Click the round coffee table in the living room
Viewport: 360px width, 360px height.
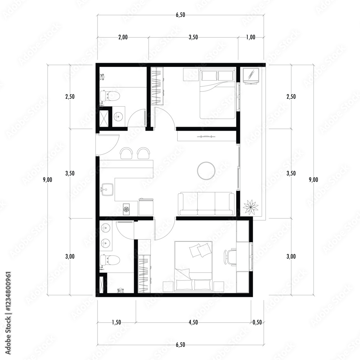click(x=206, y=171)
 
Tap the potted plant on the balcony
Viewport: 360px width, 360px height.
click(x=251, y=207)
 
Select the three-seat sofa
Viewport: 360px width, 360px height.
click(x=206, y=204)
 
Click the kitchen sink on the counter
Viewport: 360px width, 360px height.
click(x=107, y=189)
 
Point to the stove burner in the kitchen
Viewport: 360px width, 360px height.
click(x=126, y=209)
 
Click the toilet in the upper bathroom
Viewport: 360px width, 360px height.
click(x=110, y=96)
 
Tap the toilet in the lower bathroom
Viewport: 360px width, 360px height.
click(x=110, y=260)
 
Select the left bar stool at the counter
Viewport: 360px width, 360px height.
click(x=126, y=153)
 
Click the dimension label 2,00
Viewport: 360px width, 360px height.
click(x=123, y=37)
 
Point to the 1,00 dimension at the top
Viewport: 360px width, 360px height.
click(x=251, y=37)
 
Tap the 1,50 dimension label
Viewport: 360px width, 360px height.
click(x=116, y=322)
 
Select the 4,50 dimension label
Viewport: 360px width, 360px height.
click(x=193, y=322)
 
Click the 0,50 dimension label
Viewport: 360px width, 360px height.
click(x=257, y=322)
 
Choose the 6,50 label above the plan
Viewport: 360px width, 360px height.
click(x=180, y=15)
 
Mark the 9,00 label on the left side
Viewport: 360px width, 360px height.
click(x=47, y=180)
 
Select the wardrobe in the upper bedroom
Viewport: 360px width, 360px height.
click(x=157, y=86)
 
